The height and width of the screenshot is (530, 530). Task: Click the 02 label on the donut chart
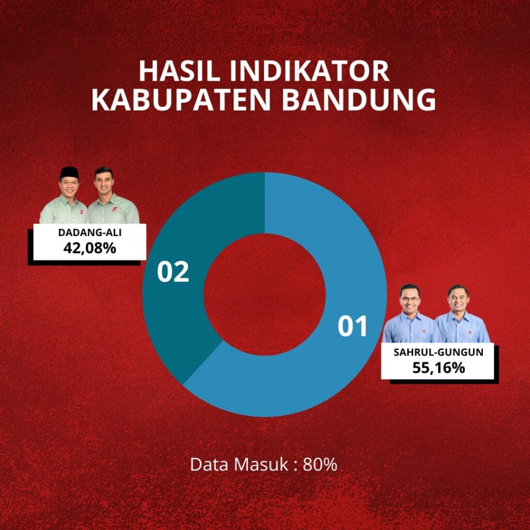pyautogui.click(x=173, y=271)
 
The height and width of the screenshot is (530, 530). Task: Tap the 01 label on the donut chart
pyautogui.click(x=352, y=326)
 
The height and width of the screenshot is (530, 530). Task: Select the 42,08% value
pyautogui.click(x=90, y=248)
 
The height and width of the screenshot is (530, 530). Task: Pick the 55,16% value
pyautogui.click(x=438, y=367)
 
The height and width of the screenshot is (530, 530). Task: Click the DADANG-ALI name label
pyautogui.click(x=90, y=232)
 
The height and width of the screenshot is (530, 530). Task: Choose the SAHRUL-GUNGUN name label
pyautogui.click(x=438, y=352)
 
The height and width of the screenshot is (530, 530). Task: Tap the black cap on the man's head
pyautogui.click(x=69, y=172)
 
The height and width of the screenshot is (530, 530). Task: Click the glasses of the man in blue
pyautogui.click(x=409, y=299)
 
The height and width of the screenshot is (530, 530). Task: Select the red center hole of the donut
pyautogui.click(x=264, y=295)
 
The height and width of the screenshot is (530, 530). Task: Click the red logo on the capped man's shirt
pyautogui.click(x=81, y=212)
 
